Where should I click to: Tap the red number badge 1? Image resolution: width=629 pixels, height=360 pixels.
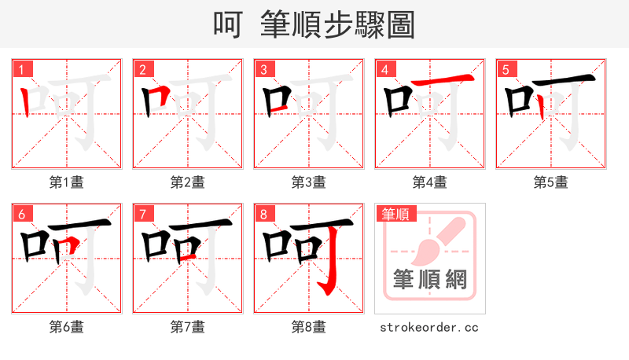pos(22,69)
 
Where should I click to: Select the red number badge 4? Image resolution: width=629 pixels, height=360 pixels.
pos(385,69)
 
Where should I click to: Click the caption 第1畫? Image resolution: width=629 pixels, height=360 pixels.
pos(67,182)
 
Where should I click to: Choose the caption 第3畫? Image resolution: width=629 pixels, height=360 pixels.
pos(309,182)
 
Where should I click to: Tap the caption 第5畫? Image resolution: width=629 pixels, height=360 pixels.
pos(550,182)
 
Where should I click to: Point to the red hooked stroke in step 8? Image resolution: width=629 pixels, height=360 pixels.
pos(333,263)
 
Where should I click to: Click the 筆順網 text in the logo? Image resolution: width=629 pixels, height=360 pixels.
pos(429,278)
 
